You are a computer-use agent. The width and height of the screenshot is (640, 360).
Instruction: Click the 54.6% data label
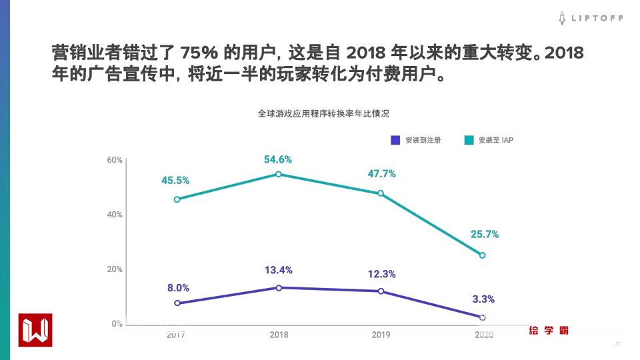(x=278, y=160)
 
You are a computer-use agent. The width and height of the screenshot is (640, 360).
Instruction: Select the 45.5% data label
(x=175, y=181)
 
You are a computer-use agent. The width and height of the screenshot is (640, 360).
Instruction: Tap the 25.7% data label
(x=484, y=235)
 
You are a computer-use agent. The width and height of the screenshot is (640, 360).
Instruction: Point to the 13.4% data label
(x=278, y=270)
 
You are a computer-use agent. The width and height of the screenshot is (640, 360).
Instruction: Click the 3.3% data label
(x=483, y=299)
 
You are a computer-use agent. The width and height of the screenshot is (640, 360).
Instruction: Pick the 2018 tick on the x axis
(x=279, y=335)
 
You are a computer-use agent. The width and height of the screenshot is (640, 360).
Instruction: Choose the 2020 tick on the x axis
(x=483, y=335)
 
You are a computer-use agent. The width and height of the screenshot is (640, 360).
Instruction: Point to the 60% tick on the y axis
(x=114, y=160)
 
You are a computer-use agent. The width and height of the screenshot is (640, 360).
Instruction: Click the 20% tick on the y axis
(x=114, y=269)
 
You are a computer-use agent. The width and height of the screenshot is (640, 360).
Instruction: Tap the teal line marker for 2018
(x=279, y=175)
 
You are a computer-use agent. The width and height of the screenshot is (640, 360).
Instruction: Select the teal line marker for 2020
(x=483, y=255)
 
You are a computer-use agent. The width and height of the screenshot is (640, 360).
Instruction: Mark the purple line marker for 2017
(x=177, y=303)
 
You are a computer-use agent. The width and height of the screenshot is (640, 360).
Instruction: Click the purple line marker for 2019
(x=381, y=291)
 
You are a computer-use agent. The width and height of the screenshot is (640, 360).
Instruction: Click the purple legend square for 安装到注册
(x=395, y=140)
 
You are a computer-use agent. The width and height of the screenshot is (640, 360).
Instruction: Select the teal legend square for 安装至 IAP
(x=469, y=140)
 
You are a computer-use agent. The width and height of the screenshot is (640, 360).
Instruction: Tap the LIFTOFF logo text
(x=597, y=19)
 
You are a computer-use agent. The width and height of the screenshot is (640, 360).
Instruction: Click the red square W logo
(x=35, y=329)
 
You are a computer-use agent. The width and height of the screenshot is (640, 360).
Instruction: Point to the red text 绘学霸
(x=549, y=330)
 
